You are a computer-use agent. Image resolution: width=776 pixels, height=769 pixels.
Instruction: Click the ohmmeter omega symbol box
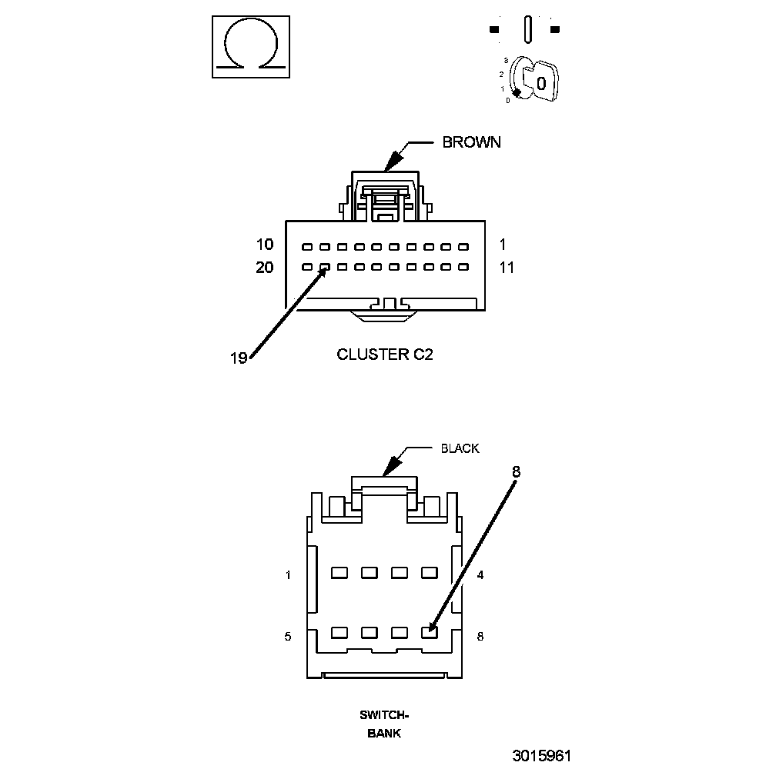pyautogui.click(x=251, y=47)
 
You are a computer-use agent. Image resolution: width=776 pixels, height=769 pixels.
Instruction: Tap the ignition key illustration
pyautogui.click(x=533, y=80)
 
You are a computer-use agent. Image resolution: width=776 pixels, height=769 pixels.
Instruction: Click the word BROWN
pyautogui.click(x=472, y=142)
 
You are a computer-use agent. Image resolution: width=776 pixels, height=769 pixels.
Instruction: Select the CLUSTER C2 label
pyautogui.click(x=385, y=355)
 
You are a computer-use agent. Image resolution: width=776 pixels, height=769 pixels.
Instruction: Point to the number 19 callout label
pyautogui.click(x=239, y=358)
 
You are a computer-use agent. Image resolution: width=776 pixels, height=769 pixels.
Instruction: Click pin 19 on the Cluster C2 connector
pyautogui.click(x=325, y=267)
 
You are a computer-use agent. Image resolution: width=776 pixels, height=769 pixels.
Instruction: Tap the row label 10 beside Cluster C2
pyautogui.click(x=265, y=244)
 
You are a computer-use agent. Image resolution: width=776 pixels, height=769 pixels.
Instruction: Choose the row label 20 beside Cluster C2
pyautogui.click(x=265, y=268)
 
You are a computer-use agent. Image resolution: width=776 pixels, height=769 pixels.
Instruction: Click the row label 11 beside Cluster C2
pyautogui.click(x=507, y=268)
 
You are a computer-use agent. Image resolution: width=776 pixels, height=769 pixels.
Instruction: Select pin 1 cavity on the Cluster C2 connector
pyautogui.click(x=463, y=247)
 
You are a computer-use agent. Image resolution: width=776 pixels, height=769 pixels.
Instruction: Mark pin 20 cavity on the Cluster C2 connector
pyautogui.click(x=307, y=267)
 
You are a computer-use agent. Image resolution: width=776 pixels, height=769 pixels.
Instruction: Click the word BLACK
pyautogui.click(x=460, y=448)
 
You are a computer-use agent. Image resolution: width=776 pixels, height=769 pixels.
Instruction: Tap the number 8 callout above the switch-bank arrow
pyautogui.click(x=516, y=472)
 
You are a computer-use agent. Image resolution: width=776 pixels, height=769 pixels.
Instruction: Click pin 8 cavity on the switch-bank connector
pyautogui.click(x=430, y=633)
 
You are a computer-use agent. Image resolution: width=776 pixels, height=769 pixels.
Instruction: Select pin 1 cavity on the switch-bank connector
pyautogui.click(x=339, y=573)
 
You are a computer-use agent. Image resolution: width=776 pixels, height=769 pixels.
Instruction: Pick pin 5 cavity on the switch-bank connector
pyautogui.click(x=339, y=633)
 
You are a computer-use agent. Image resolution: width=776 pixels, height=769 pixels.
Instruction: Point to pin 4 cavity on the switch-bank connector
pyautogui.click(x=430, y=573)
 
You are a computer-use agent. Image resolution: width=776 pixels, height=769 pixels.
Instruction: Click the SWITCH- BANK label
pyautogui.click(x=384, y=724)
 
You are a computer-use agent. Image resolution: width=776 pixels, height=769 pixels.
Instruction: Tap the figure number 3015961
pyautogui.click(x=542, y=756)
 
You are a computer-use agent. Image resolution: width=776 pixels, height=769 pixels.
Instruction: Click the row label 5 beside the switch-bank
pyautogui.click(x=288, y=637)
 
